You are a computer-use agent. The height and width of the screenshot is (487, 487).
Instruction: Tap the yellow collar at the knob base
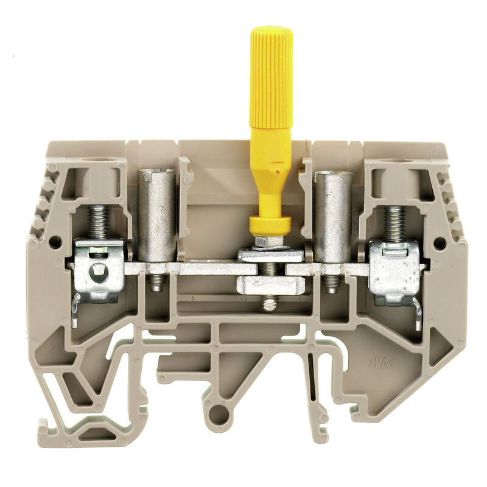click(270, 226)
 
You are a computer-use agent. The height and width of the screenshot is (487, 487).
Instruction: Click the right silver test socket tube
click(332, 217)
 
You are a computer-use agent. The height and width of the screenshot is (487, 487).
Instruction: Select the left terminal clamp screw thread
click(98, 222)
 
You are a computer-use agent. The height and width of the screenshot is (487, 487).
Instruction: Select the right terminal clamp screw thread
click(394, 223)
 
